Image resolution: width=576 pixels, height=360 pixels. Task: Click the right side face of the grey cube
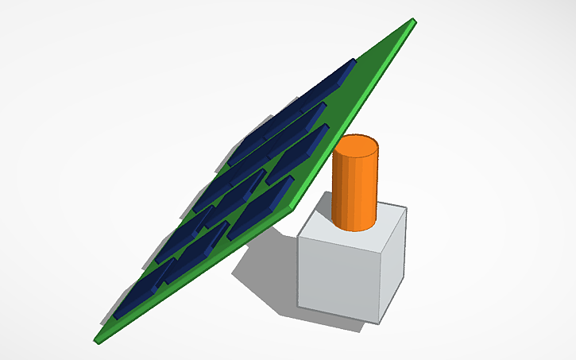point(392,262)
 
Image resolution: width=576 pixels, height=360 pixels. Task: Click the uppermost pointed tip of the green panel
point(414,21)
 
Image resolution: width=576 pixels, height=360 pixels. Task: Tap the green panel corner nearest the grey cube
point(301,205)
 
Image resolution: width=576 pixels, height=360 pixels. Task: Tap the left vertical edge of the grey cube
point(299,270)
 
